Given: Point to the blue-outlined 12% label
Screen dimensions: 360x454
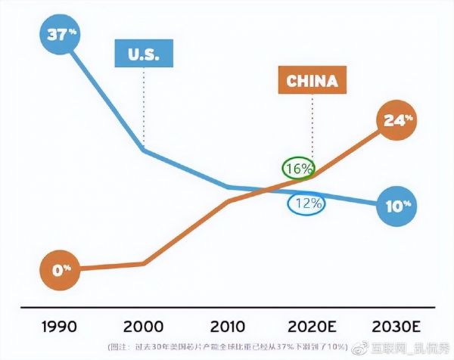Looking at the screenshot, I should pos(306,203).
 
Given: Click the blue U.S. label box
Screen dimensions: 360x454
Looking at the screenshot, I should pos(143,54).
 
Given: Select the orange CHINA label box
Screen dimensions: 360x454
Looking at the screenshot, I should pos(311,81).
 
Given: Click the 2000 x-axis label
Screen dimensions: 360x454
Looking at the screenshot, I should pos(143,327).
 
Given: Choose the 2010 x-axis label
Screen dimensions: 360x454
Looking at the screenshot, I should pos(228,327).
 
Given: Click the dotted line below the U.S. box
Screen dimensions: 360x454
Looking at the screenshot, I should pos(143,106).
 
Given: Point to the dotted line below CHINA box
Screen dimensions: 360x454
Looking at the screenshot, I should pos(311,125).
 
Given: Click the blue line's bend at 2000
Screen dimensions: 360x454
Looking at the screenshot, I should pos(144,150).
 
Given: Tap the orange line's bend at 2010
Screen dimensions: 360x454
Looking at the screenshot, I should pos(228,201).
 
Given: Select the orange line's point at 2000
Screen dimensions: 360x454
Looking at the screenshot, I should pos(144,263).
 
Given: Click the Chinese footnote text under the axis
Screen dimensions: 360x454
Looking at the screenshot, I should pos(228,347).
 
